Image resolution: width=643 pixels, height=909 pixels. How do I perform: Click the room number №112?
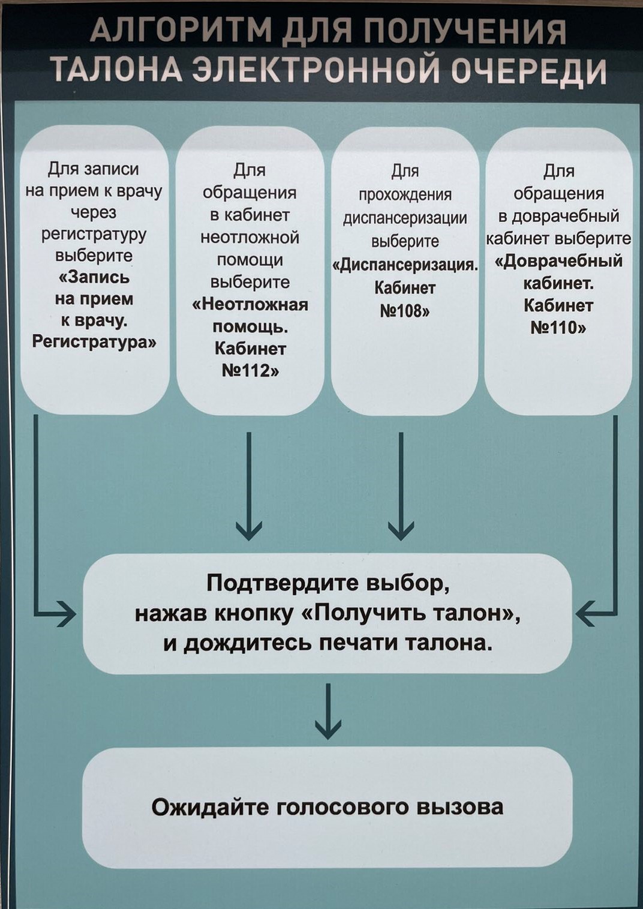[x=250, y=370]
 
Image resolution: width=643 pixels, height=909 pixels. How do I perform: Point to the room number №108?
[x=405, y=311]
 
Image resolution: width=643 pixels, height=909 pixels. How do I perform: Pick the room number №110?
[x=558, y=327]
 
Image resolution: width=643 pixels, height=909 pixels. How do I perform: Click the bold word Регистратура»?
[x=94, y=342]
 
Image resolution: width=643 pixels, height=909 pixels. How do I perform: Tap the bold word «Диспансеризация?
[x=405, y=265]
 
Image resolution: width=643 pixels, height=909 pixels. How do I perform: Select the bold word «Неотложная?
[x=250, y=304]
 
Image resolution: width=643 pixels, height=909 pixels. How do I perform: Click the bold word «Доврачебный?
[x=558, y=261]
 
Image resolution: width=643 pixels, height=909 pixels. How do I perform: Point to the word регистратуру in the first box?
[x=94, y=233]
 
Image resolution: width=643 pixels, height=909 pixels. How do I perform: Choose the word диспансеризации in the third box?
[x=405, y=218]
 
